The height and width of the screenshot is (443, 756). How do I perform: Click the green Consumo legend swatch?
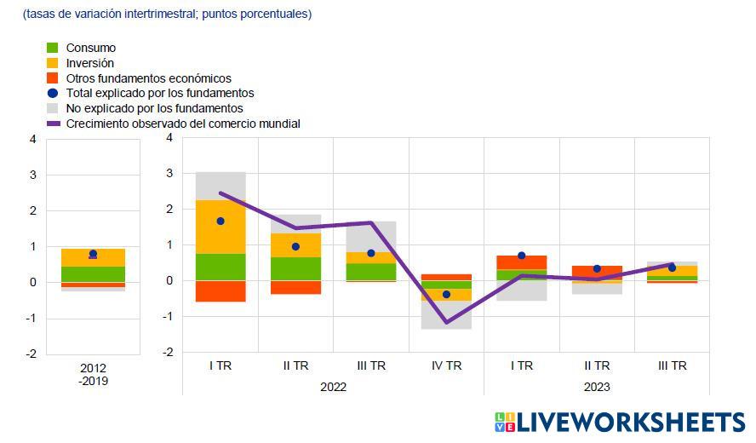(x=52, y=48)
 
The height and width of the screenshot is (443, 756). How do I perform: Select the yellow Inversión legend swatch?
(x=52, y=63)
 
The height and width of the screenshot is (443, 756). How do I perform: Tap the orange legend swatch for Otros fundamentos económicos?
(x=52, y=78)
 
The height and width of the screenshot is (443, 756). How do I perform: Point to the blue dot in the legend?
(x=52, y=93)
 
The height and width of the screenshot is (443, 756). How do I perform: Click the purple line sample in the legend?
(x=52, y=124)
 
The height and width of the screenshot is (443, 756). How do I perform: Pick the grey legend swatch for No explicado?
(x=52, y=108)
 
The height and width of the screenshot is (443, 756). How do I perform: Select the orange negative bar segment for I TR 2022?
(x=220, y=291)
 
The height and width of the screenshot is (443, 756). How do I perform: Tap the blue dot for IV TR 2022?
(x=446, y=294)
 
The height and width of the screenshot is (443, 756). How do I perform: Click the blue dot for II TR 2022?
(x=295, y=246)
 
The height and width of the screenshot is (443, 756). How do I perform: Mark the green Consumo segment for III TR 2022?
(x=371, y=272)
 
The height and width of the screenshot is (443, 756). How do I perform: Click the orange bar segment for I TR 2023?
(x=522, y=262)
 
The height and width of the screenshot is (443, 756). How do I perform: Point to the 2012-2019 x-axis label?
(x=94, y=375)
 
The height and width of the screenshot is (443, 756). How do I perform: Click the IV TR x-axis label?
(x=446, y=365)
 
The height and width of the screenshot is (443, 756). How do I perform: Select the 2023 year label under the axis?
(x=597, y=387)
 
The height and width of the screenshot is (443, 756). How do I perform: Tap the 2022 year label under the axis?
(x=333, y=387)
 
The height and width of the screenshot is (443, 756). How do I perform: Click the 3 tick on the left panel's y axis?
(x=32, y=175)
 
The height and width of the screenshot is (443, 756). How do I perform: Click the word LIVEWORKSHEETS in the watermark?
(x=630, y=423)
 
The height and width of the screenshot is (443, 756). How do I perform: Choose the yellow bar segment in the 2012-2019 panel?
(x=94, y=257)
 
